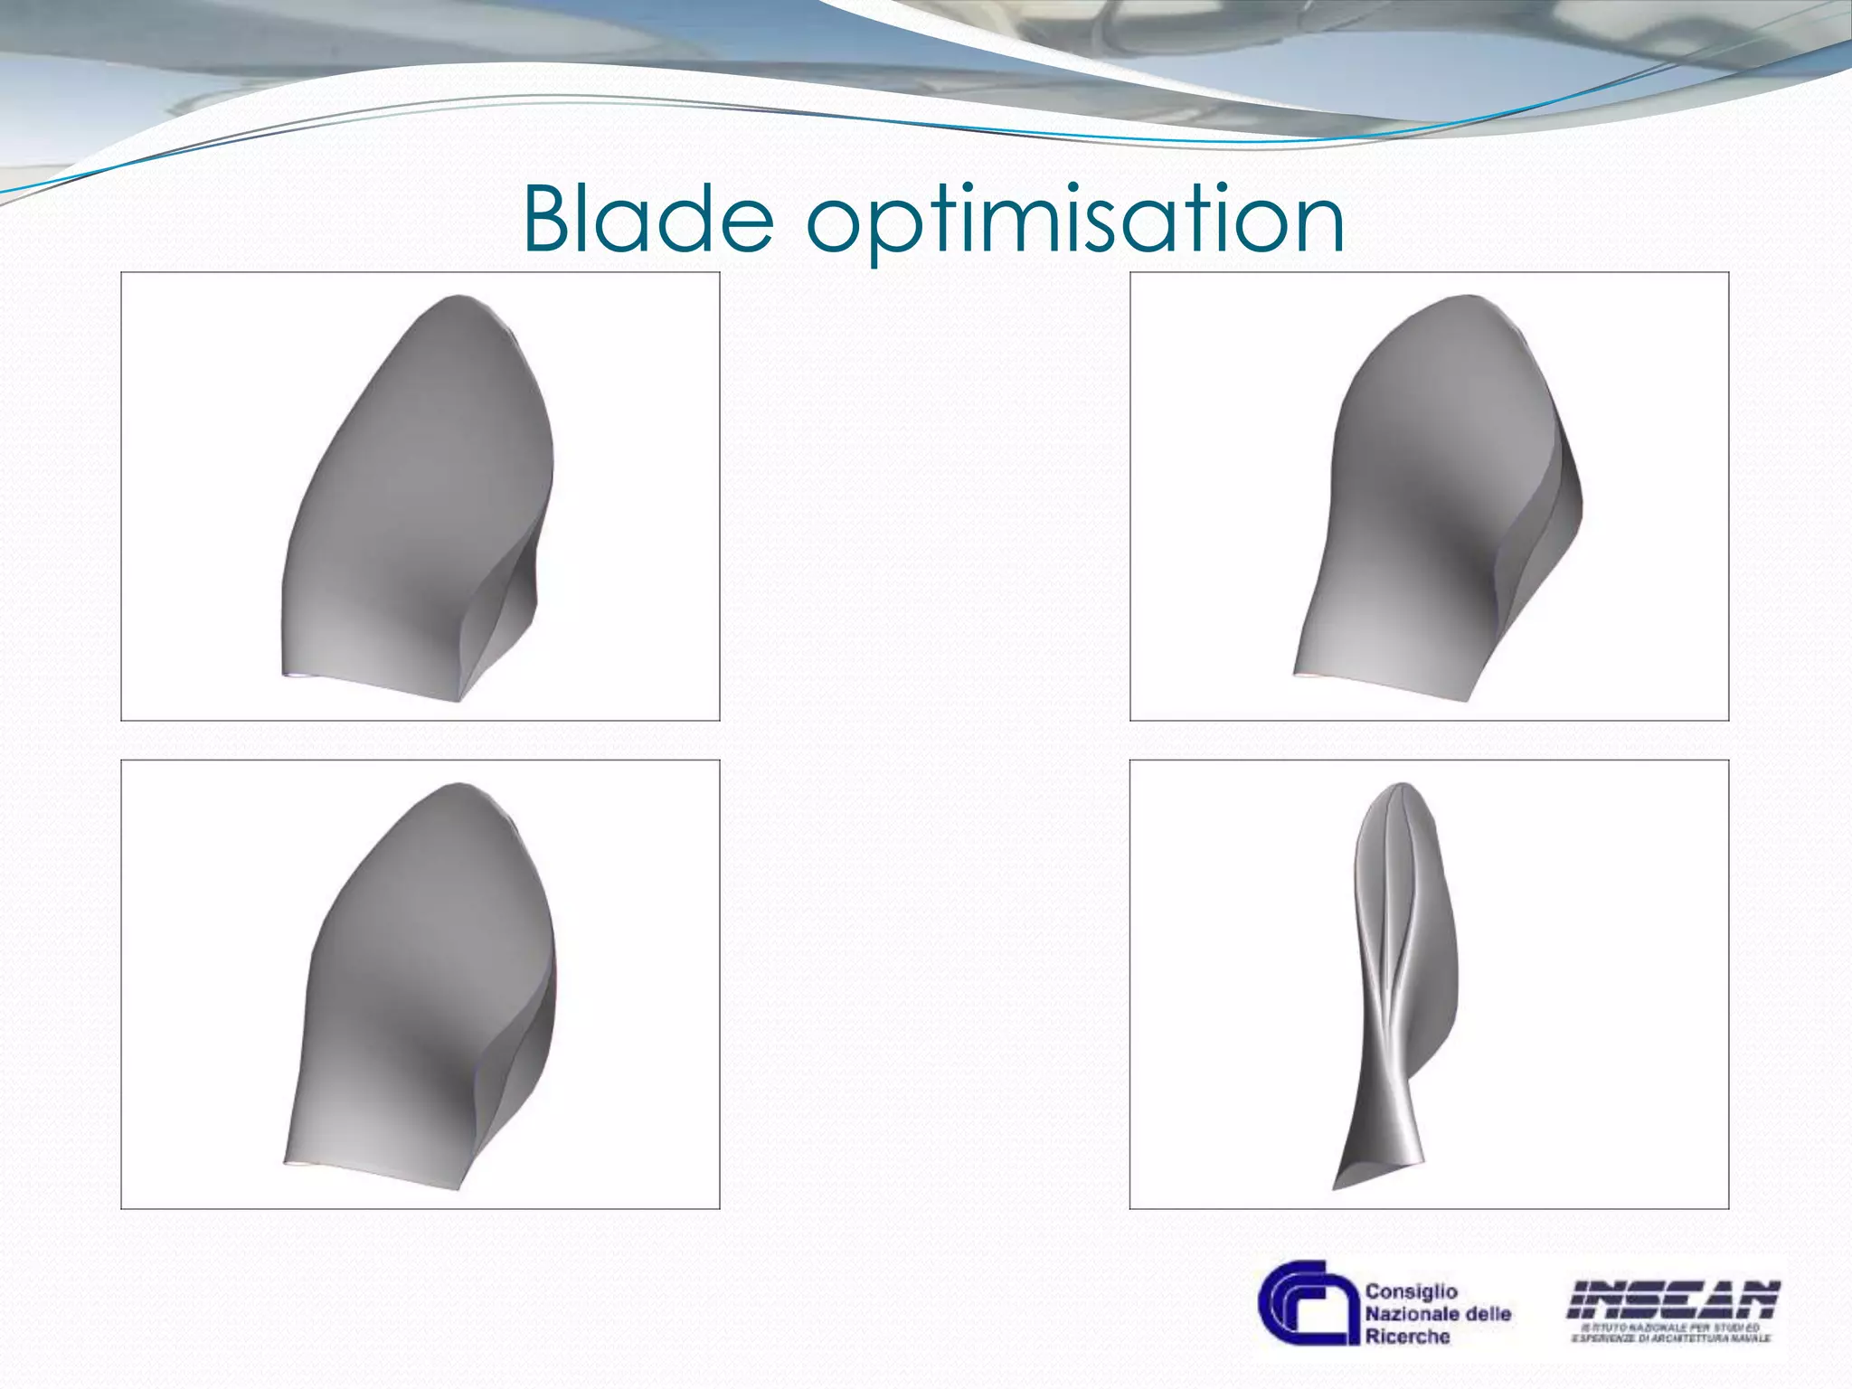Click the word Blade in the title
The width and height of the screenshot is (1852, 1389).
[x=648, y=220]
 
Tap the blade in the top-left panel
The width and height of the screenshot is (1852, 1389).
[x=416, y=488]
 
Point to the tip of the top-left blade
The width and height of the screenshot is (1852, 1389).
[x=458, y=298]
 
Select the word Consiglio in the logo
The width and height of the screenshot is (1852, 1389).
[x=1411, y=1290]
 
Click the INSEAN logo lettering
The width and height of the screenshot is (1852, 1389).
[x=1674, y=1299]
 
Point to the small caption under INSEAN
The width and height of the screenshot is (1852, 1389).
[x=1674, y=1331]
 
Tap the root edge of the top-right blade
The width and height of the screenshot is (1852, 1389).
[x=1384, y=687]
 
